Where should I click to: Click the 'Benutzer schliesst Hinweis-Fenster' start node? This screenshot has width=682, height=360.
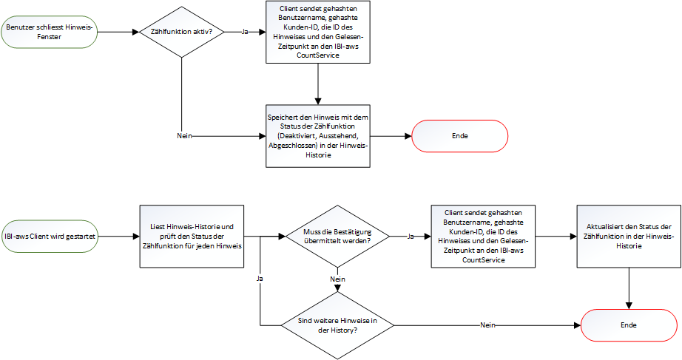(x=49, y=33)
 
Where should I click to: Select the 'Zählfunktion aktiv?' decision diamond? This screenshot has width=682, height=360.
(x=182, y=33)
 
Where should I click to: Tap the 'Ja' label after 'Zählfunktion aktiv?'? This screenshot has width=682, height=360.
(x=245, y=33)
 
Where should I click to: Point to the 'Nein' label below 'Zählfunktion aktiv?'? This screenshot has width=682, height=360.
(x=185, y=136)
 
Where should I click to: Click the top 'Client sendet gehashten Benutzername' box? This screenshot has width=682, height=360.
(x=317, y=33)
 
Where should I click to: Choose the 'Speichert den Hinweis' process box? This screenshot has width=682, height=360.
(x=317, y=136)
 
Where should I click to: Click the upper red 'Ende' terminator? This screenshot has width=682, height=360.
(x=459, y=136)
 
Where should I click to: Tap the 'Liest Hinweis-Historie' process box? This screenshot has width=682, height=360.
(x=192, y=237)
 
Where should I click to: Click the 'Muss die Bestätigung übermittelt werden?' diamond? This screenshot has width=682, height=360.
(x=337, y=237)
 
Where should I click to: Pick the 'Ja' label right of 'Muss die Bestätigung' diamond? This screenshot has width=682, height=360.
(x=411, y=237)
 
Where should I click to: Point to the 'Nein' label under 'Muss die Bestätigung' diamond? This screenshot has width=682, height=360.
(x=337, y=279)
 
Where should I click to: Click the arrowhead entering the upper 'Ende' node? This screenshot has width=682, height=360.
(x=407, y=136)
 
